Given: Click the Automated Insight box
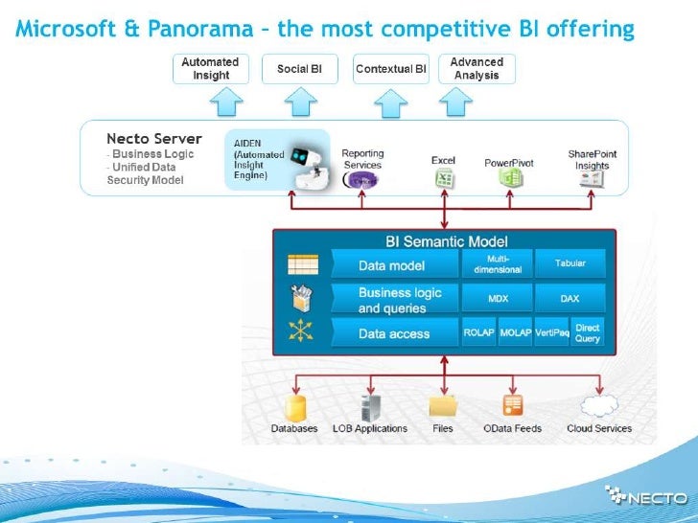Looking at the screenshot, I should tap(211, 68).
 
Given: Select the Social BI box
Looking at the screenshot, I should tap(299, 68).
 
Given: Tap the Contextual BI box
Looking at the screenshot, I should tap(390, 68).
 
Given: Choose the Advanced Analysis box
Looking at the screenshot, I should tap(477, 68).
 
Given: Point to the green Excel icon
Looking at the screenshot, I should tap(444, 179).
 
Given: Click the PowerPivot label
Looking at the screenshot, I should tap(508, 163).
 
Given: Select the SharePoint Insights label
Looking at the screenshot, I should tap(592, 159).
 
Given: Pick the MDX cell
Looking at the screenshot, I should tap(498, 299).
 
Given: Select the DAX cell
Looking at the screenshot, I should tap(570, 299).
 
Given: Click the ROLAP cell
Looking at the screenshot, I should tap(478, 333).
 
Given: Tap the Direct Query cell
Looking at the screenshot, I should tap(587, 333).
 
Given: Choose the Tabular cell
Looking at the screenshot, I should tap(570, 263).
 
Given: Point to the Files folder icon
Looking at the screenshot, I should tap(443, 406).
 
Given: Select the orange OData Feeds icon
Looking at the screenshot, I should tap(513, 405).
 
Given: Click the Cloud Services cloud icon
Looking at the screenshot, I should tap(598, 406).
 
